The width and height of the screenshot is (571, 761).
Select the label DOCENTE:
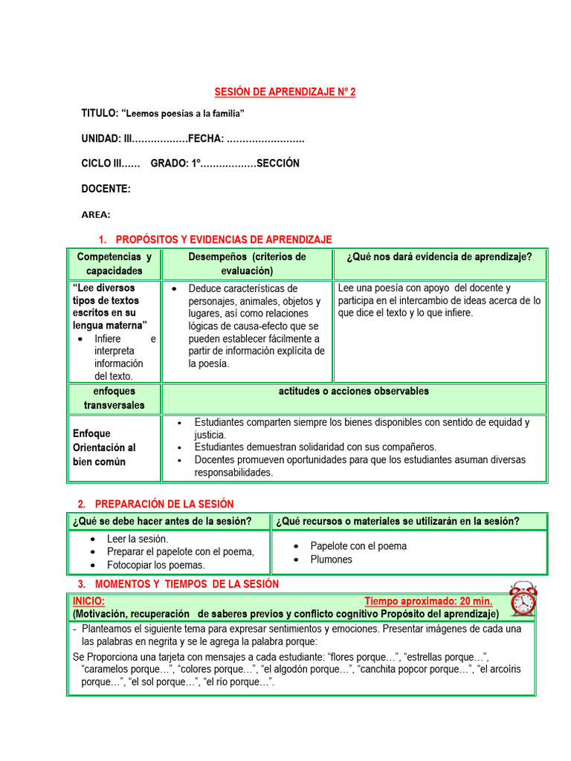click(x=106, y=189)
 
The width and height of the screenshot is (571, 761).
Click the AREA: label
click(x=96, y=215)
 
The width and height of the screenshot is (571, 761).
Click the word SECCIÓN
click(x=278, y=163)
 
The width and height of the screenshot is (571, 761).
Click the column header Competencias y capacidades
click(x=114, y=264)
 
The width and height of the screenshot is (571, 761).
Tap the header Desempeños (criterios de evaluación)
click(x=247, y=264)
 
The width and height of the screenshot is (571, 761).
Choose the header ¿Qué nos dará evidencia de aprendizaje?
click(x=439, y=257)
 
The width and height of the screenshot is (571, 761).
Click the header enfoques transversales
click(x=114, y=398)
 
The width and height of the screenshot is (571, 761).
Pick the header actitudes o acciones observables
click(x=353, y=392)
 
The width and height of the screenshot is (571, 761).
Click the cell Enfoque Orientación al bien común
click(x=104, y=447)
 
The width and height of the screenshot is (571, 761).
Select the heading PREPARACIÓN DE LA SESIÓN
click(x=164, y=504)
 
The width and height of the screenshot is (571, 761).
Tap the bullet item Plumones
click(x=332, y=560)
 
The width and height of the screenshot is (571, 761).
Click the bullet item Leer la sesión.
click(x=138, y=539)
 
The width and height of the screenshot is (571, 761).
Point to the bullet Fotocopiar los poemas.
click(x=155, y=566)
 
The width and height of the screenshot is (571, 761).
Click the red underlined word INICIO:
click(x=88, y=601)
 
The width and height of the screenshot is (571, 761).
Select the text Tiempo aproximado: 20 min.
click(x=428, y=601)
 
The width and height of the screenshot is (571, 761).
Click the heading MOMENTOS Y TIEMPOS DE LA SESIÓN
click(x=187, y=584)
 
